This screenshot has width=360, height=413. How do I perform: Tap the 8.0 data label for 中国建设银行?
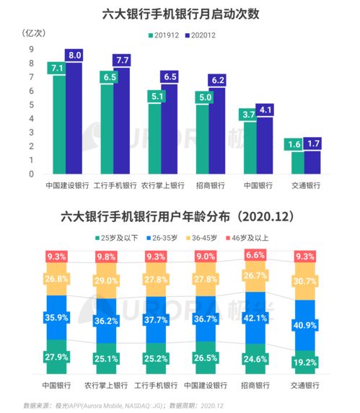pyautogui.click(x=74, y=55)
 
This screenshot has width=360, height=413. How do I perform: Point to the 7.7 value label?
pyautogui.click(x=122, y=60)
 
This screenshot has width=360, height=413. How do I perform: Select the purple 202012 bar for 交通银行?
pyautogui.click(x=312, y=160)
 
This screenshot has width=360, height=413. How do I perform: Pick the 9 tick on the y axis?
pyautogui.click(x=32, y=49)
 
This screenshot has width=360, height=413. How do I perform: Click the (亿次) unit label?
pyautogui.click(x=35, y=33)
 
